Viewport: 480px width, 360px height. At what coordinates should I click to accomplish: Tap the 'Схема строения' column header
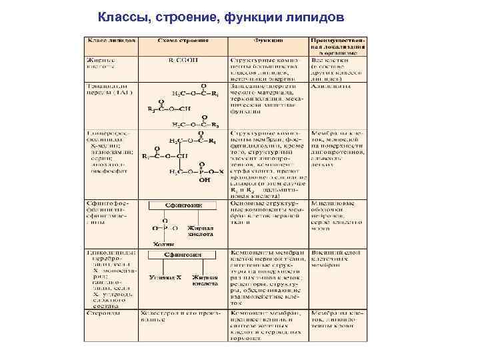pyautogui.click(x=182, y=41)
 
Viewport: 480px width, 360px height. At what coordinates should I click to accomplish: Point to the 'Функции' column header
pyautogui.click(x=267, y=41)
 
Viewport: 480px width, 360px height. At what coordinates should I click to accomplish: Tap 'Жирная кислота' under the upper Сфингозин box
pyautogui.click(x=200, y=231)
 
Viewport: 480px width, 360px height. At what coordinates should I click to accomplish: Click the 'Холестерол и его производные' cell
pyautogui.click(x=181, y=315)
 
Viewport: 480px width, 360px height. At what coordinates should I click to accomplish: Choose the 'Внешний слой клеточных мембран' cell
pyautogui.click(x=337, y=261)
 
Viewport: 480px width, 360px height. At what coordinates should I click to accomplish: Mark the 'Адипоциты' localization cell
pyautogui.click(x=330, y=87)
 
